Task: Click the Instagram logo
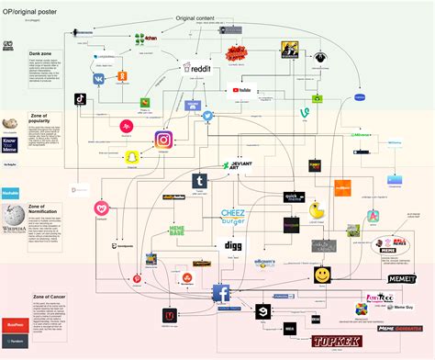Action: click(x=163, y=141)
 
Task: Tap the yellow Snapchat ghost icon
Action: click(x=132, y=157)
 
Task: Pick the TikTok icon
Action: click(x=81, y=98)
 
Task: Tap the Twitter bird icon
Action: click(x=208, y=117)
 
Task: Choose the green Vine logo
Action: click(x=302, y=113)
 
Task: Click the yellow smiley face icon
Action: click(x=322, y=275)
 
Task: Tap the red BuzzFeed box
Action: click(x=15, y=324)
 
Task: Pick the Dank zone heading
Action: click(x=40, y=54)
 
